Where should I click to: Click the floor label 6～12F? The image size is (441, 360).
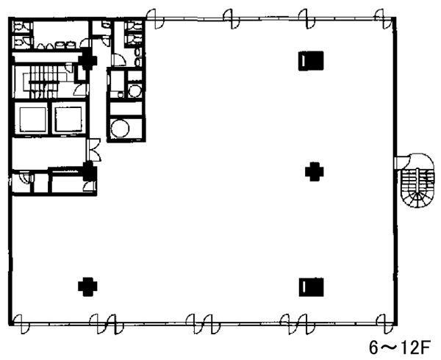[x=399, y=348]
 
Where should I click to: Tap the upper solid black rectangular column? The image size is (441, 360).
[x=311, y=61]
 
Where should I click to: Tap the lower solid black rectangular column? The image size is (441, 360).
[x=311, y=287]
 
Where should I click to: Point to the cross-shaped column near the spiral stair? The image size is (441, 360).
[x=315, y=172]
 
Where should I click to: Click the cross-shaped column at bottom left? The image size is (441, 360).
[x=87, y=287]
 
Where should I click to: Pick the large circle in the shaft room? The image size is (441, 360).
[x=120, y=129]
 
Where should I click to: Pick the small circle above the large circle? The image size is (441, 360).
[x=135, y=90]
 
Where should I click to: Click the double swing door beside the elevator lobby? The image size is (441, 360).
[x=94, y=150]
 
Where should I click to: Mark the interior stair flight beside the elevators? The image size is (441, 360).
[x=43, y=82]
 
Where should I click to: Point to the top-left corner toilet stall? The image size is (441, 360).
[x=22, y=26]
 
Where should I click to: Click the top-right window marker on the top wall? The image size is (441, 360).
[x=383, y=19]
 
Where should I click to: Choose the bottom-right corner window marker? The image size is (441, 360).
[x=384, y=324]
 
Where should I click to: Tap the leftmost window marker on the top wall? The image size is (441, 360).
[x=155, y=19]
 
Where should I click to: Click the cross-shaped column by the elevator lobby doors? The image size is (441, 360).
[x=90, y=171]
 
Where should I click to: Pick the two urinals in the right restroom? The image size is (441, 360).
[x=138, y=57]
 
